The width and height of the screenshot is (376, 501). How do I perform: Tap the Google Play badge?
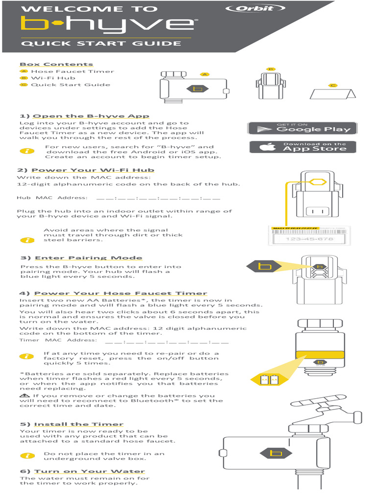[302, 128]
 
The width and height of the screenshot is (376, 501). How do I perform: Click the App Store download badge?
[302, 147]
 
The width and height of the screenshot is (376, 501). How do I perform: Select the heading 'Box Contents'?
[56, 64]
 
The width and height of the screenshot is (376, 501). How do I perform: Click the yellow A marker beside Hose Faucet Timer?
[23, 71]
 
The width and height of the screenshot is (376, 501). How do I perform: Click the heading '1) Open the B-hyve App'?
[84, 116]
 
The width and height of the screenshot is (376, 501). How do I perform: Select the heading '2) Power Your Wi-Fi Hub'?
[86, 170]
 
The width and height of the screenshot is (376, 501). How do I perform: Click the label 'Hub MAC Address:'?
[52, 198]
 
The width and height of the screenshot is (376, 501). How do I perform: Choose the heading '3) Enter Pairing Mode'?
[81, 258]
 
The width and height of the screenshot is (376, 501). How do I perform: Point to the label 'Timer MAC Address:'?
[58, 340]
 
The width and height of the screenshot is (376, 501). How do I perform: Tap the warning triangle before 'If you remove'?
[23, 395]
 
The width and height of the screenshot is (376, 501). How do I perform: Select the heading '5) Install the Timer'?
[71, 424]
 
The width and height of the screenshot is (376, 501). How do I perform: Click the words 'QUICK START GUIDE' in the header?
[101, 43]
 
